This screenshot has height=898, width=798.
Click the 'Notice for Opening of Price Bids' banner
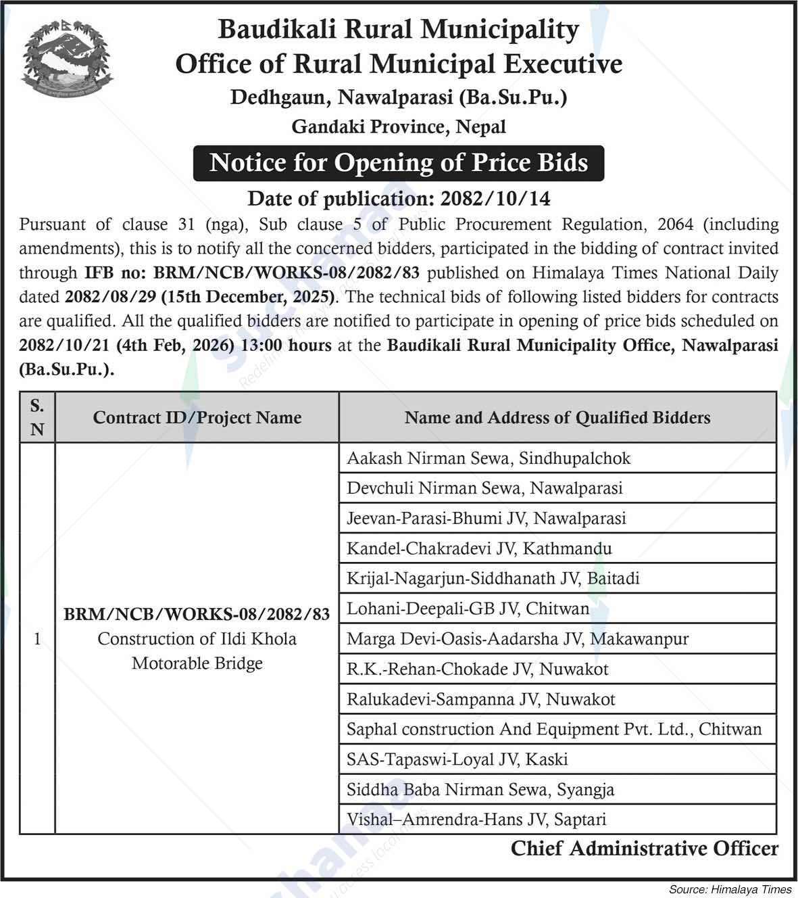click(399, 163)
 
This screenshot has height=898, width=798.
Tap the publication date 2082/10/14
click(495, 199)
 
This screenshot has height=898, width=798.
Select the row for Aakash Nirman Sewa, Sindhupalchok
click(489, 458)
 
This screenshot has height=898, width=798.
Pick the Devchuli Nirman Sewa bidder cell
click(484, 488)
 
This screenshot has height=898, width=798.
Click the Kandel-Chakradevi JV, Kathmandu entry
click(479, 548)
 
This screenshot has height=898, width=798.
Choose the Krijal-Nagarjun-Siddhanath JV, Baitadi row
click(493, 578)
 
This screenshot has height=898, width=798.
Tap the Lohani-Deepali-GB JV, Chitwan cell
click(468, 609)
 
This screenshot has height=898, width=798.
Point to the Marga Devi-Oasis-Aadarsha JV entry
click(518, 638)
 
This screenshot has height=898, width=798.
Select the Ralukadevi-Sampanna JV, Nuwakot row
click(480, 699)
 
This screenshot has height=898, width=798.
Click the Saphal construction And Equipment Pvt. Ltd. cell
click(554, 729)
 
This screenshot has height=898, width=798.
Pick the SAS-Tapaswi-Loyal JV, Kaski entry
click(457, 759)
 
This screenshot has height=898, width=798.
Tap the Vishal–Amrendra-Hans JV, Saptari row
click(476, 820)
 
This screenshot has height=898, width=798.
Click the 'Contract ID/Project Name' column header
click(197, 418)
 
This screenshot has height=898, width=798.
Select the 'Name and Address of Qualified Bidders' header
click(557, 418)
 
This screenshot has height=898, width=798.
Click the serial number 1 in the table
click(37, 638)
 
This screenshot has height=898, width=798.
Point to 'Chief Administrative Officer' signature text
click(644, 849)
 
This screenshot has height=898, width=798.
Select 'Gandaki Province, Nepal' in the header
click(399, 126)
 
